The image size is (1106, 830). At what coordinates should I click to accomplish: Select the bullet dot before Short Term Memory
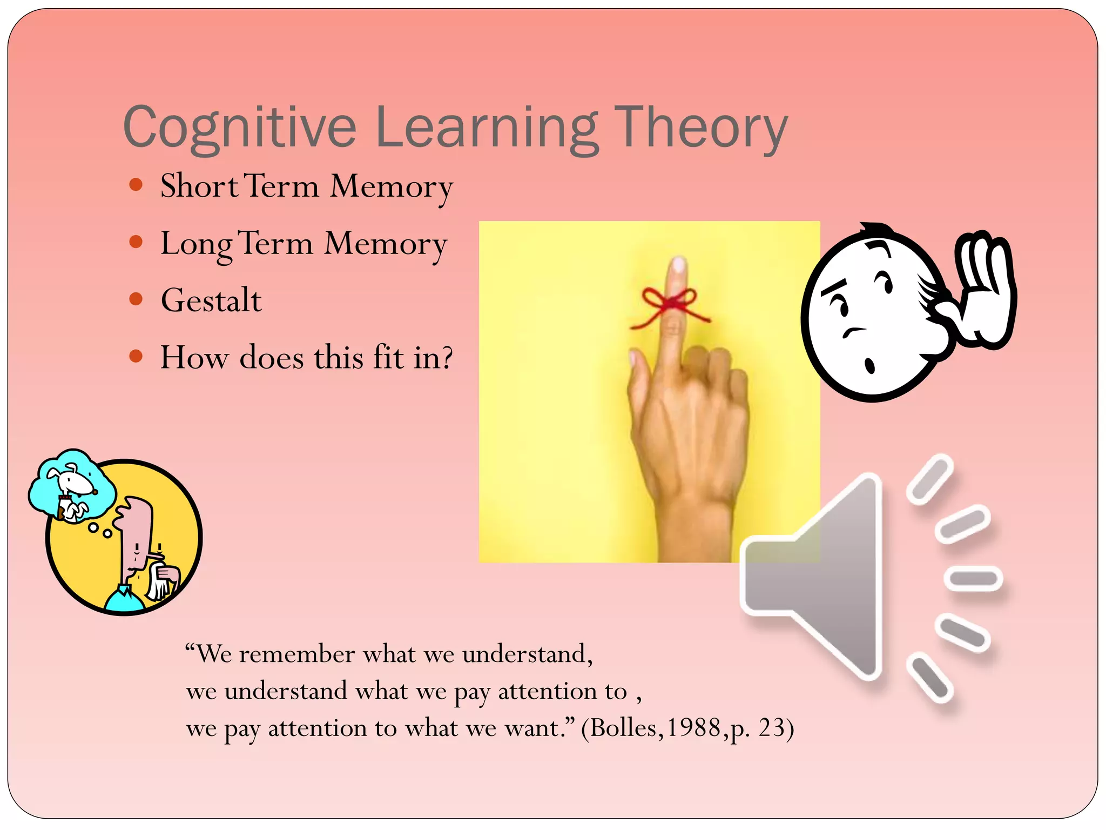pyautogui.click(x=136, y=185)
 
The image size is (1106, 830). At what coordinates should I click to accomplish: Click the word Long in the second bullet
pyautogui.click(x=196, y=244)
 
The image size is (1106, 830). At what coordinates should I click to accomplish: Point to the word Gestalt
pyautogui.click(x=211, y=300)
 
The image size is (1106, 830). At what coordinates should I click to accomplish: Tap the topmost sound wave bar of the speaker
pyautogui.click(x=929, y=479)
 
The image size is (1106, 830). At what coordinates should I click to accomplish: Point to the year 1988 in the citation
pyautogui.click(x=694, y=728)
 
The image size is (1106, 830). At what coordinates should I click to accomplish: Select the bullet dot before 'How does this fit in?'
pyautogui.click(x=136, y=357)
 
